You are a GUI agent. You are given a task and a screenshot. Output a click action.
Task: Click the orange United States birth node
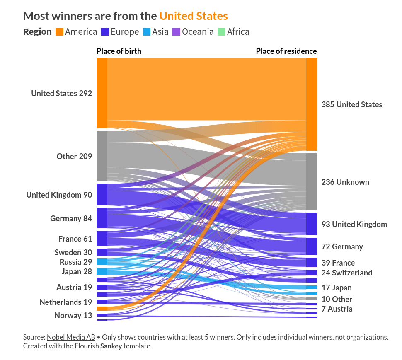click(102, 93)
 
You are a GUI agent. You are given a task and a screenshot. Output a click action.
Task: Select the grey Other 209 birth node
click(102, 156)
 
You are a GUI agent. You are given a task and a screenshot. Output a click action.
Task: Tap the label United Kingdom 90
click(59, 195)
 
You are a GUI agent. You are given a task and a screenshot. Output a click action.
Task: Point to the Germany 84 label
click(71, 218)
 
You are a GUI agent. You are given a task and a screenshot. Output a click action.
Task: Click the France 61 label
click(75, 239)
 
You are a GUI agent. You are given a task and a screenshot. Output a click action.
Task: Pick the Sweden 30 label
click(73, 252)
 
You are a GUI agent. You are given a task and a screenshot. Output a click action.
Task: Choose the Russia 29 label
click(76, 262)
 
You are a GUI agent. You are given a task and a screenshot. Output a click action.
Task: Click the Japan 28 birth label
click(77, 271)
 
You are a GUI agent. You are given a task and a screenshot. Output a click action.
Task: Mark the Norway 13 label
click(73, 315)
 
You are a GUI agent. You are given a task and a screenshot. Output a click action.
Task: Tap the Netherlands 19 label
click(66, 302)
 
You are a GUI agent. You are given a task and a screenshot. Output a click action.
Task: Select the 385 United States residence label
click(352, 104)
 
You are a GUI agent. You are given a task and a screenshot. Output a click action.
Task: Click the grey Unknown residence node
click(311, 181)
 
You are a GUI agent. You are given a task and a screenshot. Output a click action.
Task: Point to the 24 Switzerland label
click(347, 273)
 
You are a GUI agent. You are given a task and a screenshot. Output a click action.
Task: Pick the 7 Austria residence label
click(337, 309)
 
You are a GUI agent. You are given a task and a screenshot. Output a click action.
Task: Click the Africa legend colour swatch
click(222, 32)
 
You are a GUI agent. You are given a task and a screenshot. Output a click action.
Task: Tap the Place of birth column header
click(119, 51)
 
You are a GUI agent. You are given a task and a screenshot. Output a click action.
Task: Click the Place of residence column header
click(286, 51)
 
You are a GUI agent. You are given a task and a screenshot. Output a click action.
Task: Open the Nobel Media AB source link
click(71, 337)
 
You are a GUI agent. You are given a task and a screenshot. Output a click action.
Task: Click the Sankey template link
click(125, 346)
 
